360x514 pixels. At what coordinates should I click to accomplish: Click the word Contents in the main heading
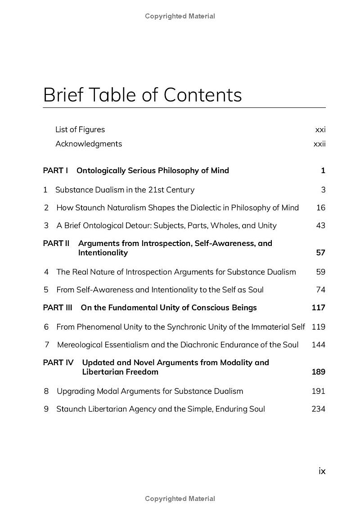(202, 95)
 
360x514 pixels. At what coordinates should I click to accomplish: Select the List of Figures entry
(80, 130)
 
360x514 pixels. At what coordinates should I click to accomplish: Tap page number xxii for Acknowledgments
(319, 144)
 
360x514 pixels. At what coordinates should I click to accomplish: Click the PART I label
(55, 170)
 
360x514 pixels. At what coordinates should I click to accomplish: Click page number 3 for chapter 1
(323, 190)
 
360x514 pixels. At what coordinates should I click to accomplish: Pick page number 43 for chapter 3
(320, 225)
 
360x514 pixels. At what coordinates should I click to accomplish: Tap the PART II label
(56, 243)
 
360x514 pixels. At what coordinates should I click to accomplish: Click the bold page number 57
(320, 253)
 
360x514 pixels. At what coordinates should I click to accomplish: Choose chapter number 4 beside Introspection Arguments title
(46, 272)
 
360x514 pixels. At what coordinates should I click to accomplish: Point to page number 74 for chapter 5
(320, 290)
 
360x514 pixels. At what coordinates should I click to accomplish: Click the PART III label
(58, 308)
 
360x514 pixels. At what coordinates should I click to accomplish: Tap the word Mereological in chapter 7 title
(80, 345)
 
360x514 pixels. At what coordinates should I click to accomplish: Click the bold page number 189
(318, 372)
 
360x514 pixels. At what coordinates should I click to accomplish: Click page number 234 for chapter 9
(318, 409)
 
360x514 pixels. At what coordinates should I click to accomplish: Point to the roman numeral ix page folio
(322, 471)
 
